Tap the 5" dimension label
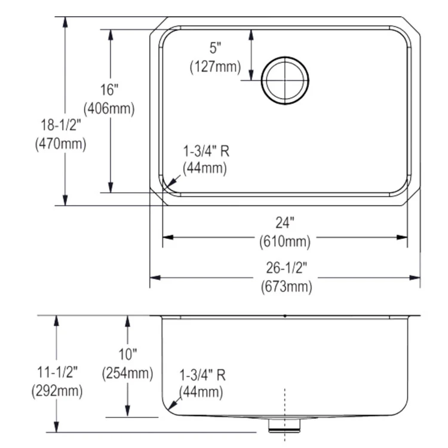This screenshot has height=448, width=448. (x=215, y=48)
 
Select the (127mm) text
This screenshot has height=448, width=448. (x=215, y=67)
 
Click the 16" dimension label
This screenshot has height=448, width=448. (x=109, y=91)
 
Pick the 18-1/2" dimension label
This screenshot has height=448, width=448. (x=61, y=125)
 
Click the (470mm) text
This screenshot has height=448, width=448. (x=61, y=144)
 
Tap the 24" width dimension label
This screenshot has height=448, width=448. (x=285, y=223)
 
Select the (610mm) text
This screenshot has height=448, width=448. (x=285, y=242)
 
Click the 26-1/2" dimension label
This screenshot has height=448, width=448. (x=286, y=267)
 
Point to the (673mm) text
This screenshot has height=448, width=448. (x=286, y=286)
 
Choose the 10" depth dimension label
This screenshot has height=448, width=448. (x=127, y=355)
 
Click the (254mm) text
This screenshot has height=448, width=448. (x=127, y=373)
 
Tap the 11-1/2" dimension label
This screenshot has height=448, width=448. (x=57, y=372)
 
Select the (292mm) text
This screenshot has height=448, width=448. (x=57, y=391)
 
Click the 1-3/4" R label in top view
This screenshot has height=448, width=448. (x=205, y=151)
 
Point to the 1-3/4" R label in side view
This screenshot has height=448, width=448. (x=202, y=375)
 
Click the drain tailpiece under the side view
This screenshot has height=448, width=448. (x=284, y=425)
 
